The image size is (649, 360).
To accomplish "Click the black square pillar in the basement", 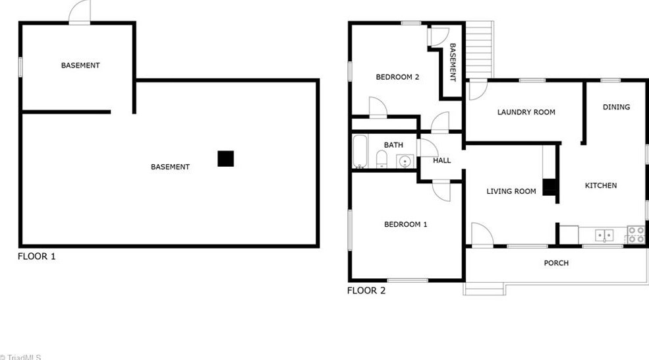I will click(x=226, y=159).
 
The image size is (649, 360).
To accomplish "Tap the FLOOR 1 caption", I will click(x=37, y=256).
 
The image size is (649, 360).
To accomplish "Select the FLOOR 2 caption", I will click(x=366, y=290).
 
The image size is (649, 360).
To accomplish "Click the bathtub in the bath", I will click(x=360, y=152).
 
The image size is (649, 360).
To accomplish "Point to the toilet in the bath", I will click(x=381, y=160).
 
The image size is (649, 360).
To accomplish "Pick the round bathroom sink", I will click(x=405, y=160).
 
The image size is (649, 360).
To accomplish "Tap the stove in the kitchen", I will click(x=635, y=235).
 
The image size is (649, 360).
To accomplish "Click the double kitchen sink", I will click(x=604, y=234).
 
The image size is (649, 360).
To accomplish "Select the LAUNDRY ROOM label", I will click(x=526, y=112).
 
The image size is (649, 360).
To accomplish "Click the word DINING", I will click(x=616, y=107).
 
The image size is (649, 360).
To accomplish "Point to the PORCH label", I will click(x=556, y=263).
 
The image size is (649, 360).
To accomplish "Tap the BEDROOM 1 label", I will click(x=405, y=224).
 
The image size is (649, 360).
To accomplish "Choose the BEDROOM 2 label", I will click(x=397, y=77).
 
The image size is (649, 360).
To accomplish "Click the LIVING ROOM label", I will click(x=511, y=191).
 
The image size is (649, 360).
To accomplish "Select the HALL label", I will click(x=441, y=160).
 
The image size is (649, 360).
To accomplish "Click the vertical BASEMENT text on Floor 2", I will click(x=453, y=63).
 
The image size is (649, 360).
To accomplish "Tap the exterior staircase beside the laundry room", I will click(x=479, y=49).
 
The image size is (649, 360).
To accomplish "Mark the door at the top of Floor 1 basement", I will click(x=80, y=13).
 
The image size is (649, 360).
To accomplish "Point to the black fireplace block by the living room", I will click(x=550, y=187).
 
